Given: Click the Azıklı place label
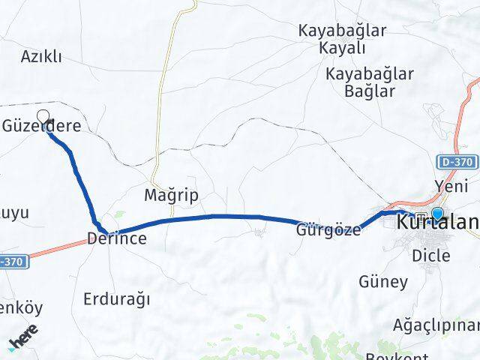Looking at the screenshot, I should pos(41,56).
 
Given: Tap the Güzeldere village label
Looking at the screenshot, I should pos(42,127).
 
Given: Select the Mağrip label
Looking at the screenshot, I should pos(172,196).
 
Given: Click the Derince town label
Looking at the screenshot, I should pos(116,238).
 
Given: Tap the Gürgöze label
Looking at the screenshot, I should pos(328,230).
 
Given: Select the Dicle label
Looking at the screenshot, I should pos(431,256).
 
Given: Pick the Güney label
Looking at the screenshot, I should pos(383,282).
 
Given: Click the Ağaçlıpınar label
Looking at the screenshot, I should pos(435,325).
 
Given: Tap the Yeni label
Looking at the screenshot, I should pos(451,184).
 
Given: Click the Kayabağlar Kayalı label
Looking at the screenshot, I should pos(331,40).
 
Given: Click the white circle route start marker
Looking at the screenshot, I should pos(43,116).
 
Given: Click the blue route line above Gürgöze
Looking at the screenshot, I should pos(225,217).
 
